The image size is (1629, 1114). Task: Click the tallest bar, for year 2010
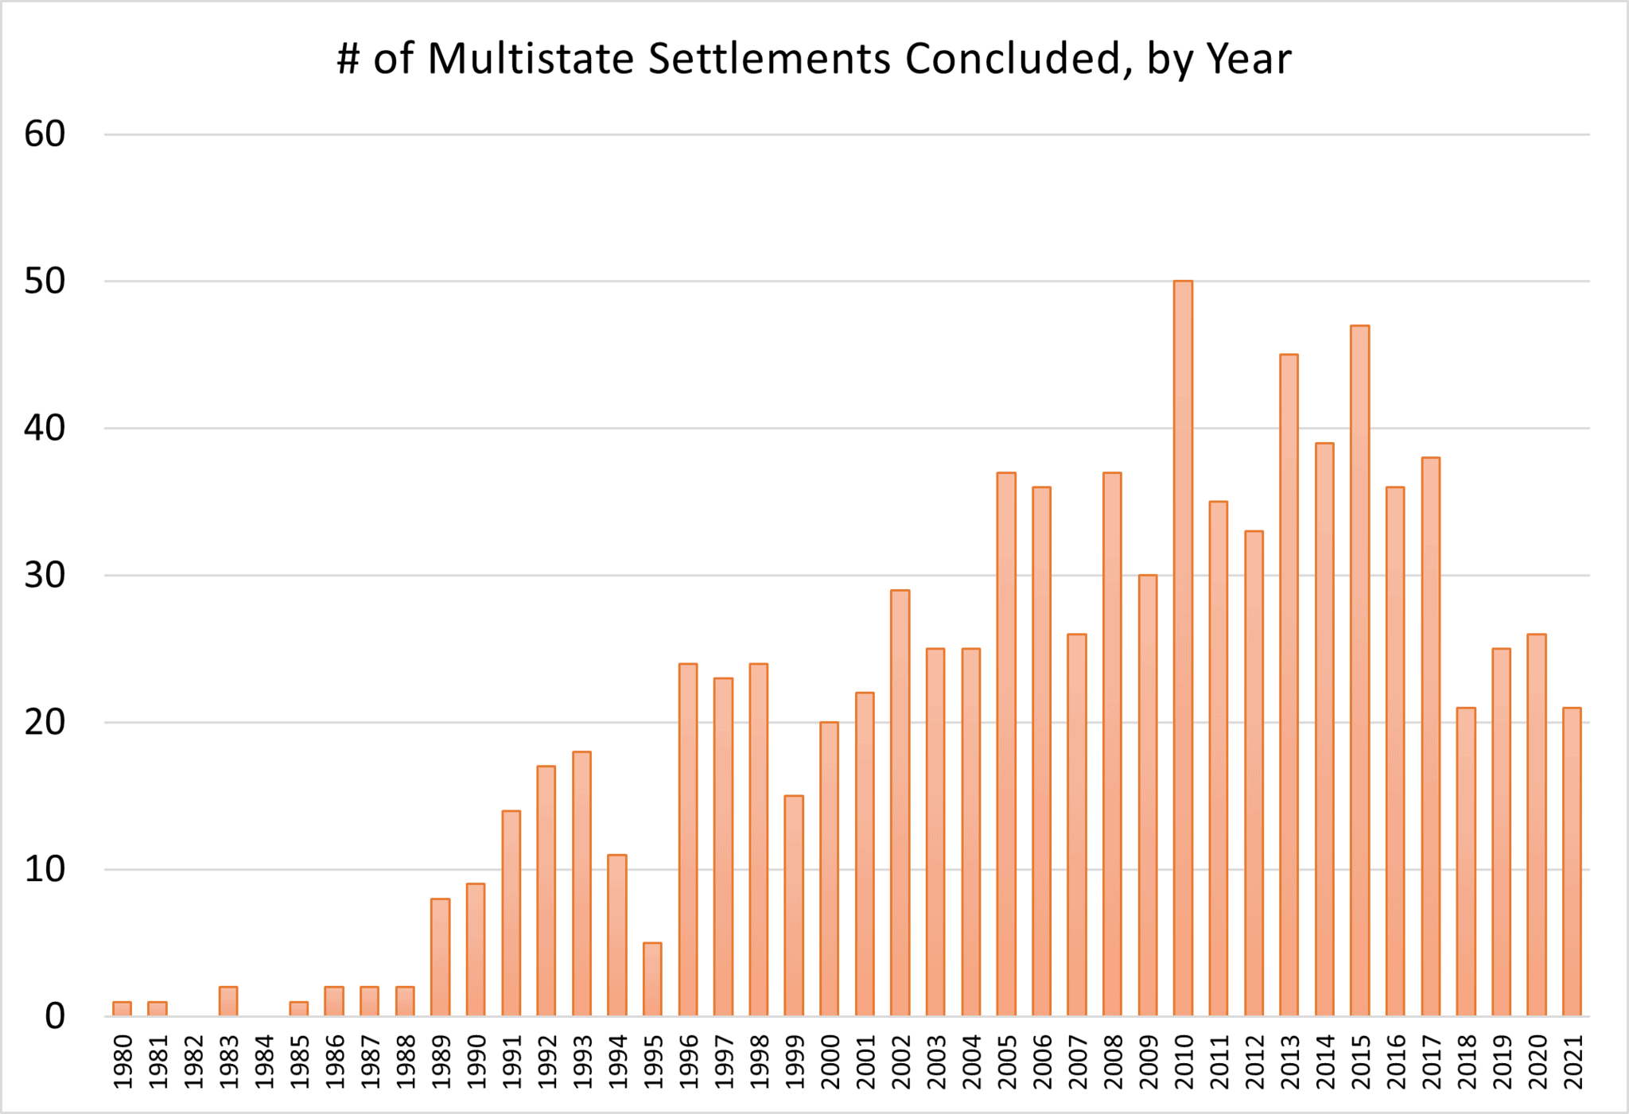click(1183, 648)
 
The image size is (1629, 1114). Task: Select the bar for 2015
click(1359, 670)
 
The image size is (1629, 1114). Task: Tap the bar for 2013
click(1289, 685)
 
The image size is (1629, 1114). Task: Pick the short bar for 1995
click(652, 979)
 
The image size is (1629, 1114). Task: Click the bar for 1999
click(794, 906)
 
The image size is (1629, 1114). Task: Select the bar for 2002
click(900, 803)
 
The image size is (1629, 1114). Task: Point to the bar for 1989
click(440, 957)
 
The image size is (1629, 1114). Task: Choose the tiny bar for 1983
click(228, 1001)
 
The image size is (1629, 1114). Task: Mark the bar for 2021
click(1572, 862)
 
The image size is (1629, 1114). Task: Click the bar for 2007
click(1076, 825)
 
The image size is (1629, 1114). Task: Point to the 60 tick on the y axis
click(45, 134)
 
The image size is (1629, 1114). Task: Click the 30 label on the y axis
click(45, 575)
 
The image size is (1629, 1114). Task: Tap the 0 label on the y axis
click(54, 1016)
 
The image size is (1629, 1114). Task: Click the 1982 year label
click(194, 1062)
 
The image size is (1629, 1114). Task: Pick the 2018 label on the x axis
click(1467, 1062)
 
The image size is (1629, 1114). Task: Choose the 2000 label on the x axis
click(830, 1062)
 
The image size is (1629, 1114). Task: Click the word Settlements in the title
click(769, 59)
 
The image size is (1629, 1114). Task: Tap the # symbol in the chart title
click(348, 59)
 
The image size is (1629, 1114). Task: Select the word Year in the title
click(1249, 59)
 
